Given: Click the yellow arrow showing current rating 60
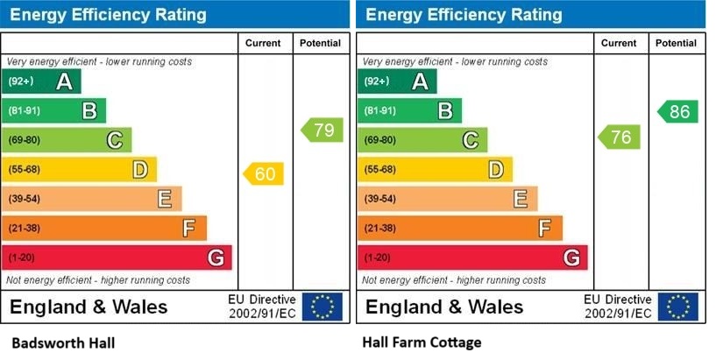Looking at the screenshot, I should (x=264, y=173).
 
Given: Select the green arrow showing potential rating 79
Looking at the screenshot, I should (x=323, y=131).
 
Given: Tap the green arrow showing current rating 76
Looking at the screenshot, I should (x=620, y=137).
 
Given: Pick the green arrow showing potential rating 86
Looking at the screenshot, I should (x=677, y=111).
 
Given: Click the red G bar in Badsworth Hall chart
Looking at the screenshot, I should (x=117, y=258).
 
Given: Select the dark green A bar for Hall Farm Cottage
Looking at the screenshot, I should (x=396, y=81).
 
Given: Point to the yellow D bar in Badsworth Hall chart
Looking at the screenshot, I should (x=80, y=169).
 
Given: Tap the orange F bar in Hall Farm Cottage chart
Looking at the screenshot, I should (x=459, y=228).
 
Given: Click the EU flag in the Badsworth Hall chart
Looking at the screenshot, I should (x=323, y=307).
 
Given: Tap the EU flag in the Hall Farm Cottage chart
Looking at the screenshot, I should (x=678, y=307).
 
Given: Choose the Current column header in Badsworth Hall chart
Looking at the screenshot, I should (x=264, y=43).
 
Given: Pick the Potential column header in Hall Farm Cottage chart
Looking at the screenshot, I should (x=677, y=43).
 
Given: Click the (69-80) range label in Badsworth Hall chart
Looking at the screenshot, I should (x=24, y=140).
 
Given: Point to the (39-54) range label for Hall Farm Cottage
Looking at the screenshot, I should (x=379, y=199).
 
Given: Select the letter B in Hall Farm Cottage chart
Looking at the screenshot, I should (x=444, y=110).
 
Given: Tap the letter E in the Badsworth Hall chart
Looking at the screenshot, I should (x=164, y=199).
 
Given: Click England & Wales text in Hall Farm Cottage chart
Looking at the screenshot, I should (x=444, y=307).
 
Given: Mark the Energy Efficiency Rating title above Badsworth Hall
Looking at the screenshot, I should (x=109, y=15).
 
